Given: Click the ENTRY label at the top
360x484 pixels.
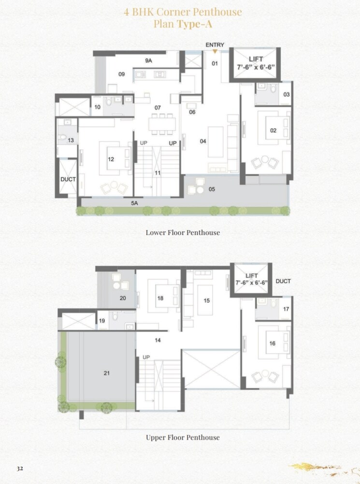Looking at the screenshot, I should [215, 45].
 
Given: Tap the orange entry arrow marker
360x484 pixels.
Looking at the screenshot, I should [215, 51].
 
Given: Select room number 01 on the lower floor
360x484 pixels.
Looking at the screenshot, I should [215, 63].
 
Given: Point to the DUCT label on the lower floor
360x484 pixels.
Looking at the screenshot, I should [68, 179].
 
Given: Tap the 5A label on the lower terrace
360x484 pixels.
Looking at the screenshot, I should [135, 203].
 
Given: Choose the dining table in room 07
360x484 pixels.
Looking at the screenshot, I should [161, 123].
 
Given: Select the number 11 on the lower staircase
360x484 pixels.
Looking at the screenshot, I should [158, 172].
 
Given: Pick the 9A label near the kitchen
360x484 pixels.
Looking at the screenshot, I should [149, 61].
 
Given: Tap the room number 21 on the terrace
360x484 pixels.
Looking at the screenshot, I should [107, 372].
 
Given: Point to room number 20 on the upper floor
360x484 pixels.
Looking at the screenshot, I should [123, 298].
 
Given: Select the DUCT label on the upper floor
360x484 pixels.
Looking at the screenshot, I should [283, 281].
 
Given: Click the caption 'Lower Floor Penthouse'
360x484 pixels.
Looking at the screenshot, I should [183, 232].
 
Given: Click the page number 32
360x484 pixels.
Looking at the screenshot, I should [20, 469].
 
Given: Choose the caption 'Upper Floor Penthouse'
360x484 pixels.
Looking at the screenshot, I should [183, 438].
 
